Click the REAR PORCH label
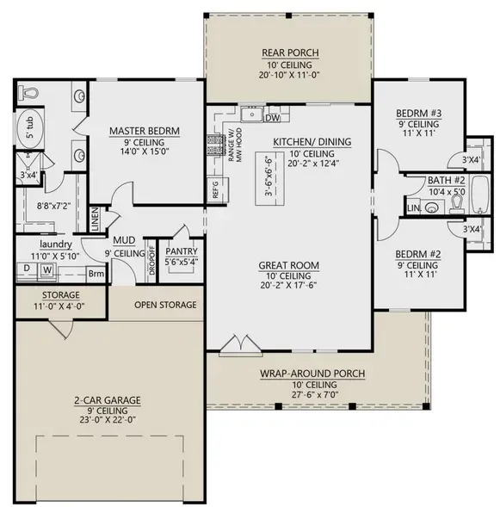tap(290, 53)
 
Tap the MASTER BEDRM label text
tap(145, 132)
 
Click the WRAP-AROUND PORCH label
tap(313, 374)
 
